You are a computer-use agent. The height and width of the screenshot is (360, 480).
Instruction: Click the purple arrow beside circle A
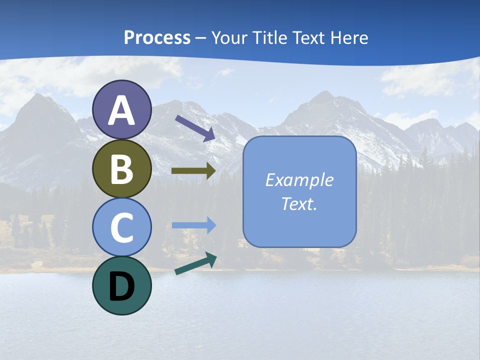coord(194,128)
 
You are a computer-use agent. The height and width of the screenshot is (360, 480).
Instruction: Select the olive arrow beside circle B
coord(193,170)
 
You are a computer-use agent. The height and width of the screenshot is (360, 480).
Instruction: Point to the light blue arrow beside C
coord(193,225)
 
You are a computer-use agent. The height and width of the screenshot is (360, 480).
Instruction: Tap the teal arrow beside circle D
coord(195,263)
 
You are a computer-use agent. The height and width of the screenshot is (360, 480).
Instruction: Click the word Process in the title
coord(157,37)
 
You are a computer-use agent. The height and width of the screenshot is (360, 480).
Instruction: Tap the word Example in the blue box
coord(299,180)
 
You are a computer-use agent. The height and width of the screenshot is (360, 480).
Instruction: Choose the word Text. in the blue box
coord(299,203)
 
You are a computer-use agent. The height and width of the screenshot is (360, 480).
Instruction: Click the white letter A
coord(121,111)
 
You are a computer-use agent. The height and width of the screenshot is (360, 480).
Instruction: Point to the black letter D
coord(121,286)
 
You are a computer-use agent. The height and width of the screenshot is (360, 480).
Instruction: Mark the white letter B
coord(121,169)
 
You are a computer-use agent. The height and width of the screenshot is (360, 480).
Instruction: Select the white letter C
coord(121,227)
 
